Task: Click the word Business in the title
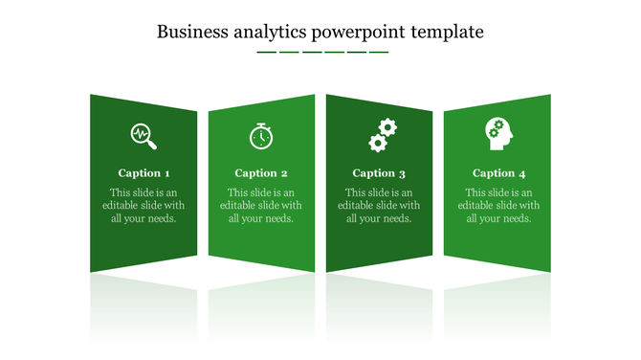pyautogui.click(x=189, y=32)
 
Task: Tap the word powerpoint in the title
pyautogui.click(x=359, y=33)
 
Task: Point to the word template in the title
pyautogui.click(x=448, y=32)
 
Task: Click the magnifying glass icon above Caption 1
pyautogui.click(x=144, y=135)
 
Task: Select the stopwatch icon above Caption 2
pyautogui.click(x=260, y=136)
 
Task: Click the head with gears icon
pyautogui.click(x=498, y=134)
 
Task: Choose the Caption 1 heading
pyautogui.click(x=144, y=173)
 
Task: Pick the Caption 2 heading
pyautogui.click(x=261, y=173)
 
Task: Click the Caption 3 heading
pyautogui.click(x=379, y=173)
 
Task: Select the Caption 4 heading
pyautogui.click(x=499, y=173)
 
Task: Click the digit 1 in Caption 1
pyautogui.click(x=167, y=173)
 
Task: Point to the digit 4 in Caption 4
pyautogui.click(x=522, y=173)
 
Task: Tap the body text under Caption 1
pyautogui.click(x=144, y=206)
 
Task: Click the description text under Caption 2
pyautogui.click(x=261, y=206)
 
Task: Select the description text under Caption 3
pyautogui.click(x=379, y=206)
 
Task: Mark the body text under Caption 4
pyautogui.click(x=498, y=206)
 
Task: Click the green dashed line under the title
pyautogui.click(x=322, y=52)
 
